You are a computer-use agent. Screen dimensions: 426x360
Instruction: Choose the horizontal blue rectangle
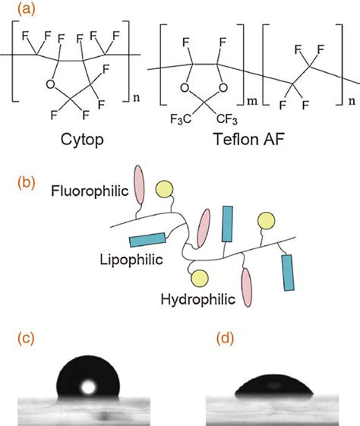[146, 241]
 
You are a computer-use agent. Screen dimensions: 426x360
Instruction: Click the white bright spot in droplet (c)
[89, 387]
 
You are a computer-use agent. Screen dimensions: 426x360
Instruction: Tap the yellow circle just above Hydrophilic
[199, 277]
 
